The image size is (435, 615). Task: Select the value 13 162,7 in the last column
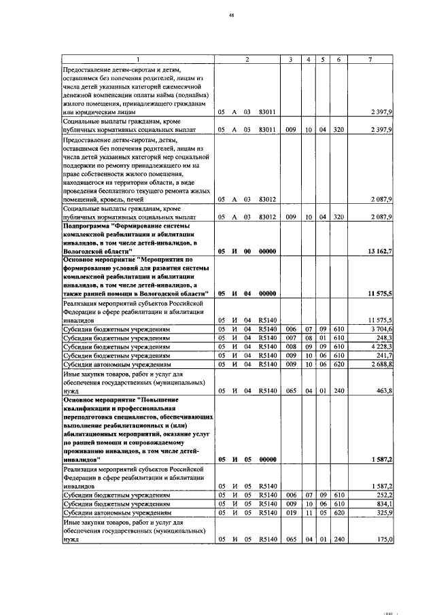click(379, 251)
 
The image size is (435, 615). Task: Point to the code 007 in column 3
click(290, 337)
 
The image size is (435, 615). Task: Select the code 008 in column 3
click(290, 346)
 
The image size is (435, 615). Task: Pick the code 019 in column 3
click(290, 513)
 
